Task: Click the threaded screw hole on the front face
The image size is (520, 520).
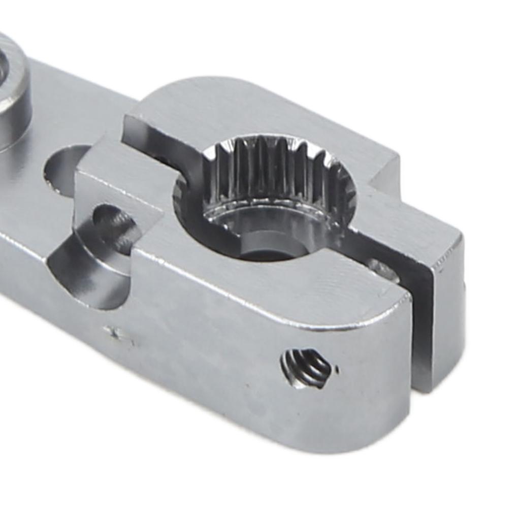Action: (306, 368)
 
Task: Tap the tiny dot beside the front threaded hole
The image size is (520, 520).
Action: (337, 369)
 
